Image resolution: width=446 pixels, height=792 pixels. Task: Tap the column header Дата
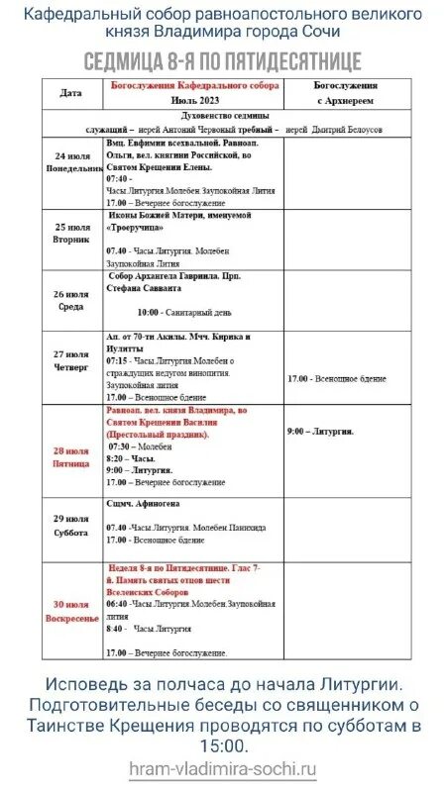coord(70,93)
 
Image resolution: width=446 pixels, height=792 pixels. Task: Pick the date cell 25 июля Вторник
coord(71,235)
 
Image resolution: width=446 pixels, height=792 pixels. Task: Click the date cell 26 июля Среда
coord(71,299)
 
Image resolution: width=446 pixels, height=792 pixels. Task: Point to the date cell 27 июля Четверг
coord(71,365)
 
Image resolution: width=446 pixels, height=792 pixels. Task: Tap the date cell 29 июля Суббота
coord(71,524)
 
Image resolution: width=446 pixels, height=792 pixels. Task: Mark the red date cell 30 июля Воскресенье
coord(70,611)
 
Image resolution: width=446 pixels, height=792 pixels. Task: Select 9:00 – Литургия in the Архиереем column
coord(319,432)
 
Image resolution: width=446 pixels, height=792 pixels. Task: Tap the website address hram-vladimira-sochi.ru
coord(222,767)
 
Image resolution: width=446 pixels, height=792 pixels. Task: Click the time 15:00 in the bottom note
coord(222,744)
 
